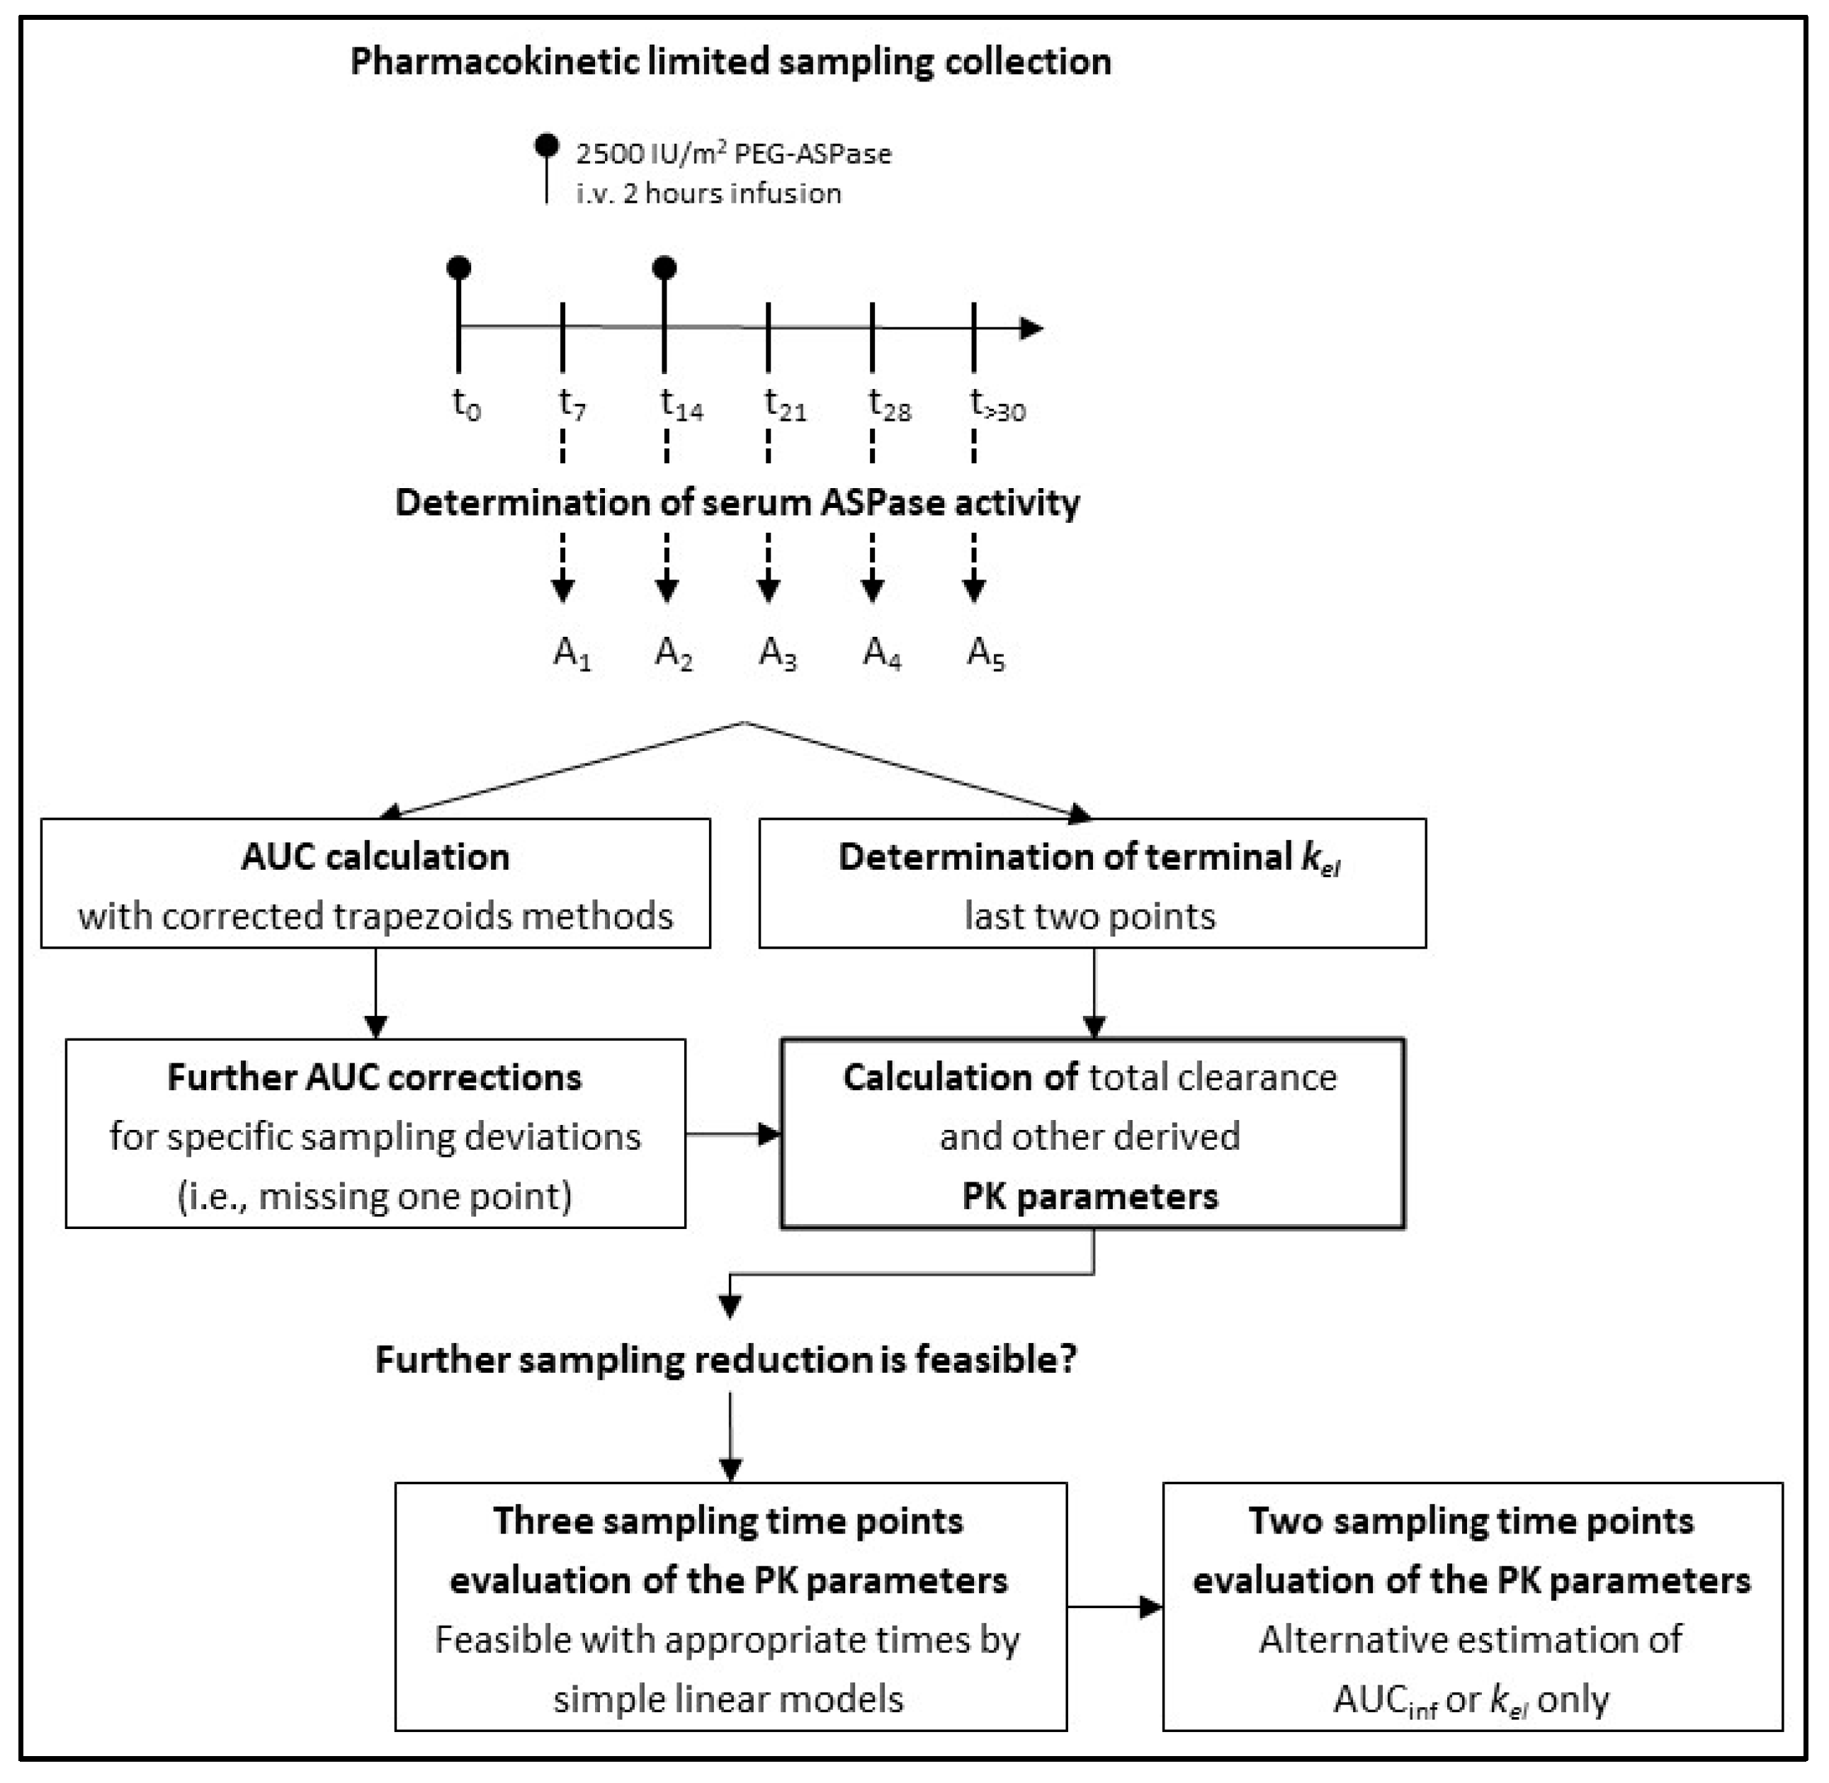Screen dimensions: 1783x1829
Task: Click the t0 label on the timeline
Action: click(x=465, y=404)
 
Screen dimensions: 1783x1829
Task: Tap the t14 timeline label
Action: click(x=681, y=404)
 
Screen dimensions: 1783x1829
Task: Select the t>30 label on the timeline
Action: click(x=997, y=405)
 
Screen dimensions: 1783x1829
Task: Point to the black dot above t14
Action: click(x=664, y=268)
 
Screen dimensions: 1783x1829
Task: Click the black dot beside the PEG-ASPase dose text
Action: click(x=547, y=145)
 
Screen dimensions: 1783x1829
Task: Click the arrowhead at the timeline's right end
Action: click(x=1031, y=328)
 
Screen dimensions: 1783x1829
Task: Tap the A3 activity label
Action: click(x=777, y=652)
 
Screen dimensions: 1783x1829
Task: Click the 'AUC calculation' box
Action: click(x=375, y=883)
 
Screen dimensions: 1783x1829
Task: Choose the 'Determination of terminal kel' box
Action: click(x=1092, y=883)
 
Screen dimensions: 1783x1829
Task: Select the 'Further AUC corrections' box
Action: click(x=375, y=1133)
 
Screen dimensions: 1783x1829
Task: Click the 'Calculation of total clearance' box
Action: click(x=1092, y=1133)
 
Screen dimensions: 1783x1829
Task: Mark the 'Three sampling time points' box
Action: click(x=730, y=1607)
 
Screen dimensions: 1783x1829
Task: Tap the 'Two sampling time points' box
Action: click(x=1472, y=1607)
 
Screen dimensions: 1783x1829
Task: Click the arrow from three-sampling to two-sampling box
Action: click(x=1114, y=1607)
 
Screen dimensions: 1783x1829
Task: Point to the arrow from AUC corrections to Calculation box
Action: click(x=733, y=1134)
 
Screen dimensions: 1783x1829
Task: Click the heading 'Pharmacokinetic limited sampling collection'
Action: click(x=730, y=62)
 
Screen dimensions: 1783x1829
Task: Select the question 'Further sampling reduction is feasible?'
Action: click(x=726, y=1359)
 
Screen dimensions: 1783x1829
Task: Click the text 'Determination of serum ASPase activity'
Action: click(x=737, y=503)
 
